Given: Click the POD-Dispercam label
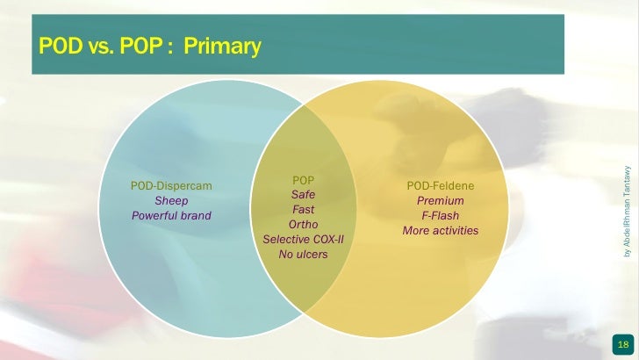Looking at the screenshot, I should coord(171,186).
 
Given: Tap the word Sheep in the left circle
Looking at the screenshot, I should coord(171,201).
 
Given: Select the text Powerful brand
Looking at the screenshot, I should coord(171,216).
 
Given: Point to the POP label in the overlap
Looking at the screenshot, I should coord(303,180).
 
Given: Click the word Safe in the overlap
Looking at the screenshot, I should coord(303,194).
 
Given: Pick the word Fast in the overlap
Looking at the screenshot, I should coord(303,210).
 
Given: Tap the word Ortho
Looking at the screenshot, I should coord(303,225).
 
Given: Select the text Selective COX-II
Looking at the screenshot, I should coord(303,240).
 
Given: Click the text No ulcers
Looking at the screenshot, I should coord(303,255).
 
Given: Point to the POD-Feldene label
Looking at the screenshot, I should coord(441,186).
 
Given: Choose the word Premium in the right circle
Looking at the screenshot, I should coord(441,201).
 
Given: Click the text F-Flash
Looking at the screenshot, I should coord(441,216).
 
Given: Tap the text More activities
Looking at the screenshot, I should coord(441,231).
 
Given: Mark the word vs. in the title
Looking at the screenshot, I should coord(98,46).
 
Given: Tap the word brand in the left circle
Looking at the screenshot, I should coord(194,216).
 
